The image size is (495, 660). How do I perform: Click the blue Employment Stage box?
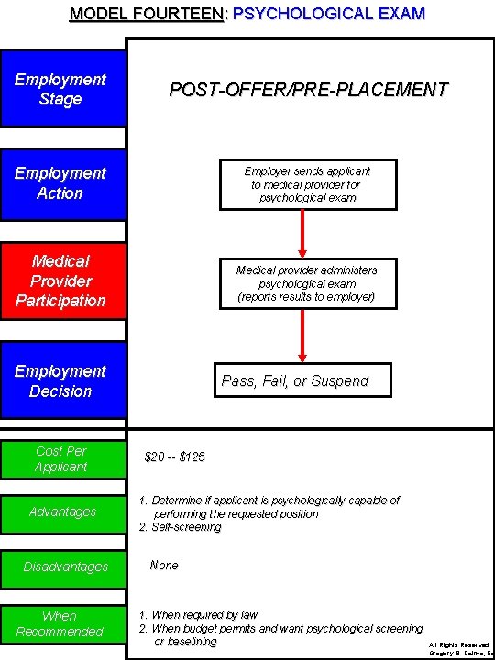61,90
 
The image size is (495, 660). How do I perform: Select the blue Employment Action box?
61,183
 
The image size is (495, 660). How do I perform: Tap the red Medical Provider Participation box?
61,280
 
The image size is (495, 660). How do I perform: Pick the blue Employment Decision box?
61,380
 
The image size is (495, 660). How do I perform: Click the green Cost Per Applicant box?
61,458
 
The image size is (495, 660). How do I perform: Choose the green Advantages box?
61,511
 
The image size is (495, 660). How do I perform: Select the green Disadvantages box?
61,566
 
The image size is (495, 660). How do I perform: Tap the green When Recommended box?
61,623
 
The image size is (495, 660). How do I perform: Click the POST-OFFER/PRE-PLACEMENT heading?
308,90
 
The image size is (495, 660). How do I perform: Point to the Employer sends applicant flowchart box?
307,184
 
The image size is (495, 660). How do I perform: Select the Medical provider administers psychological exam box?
307,283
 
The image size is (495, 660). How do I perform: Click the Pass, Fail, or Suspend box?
295,380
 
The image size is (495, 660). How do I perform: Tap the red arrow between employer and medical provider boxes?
302,234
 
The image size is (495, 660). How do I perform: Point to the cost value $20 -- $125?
175,456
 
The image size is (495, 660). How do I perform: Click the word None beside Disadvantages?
164,566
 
